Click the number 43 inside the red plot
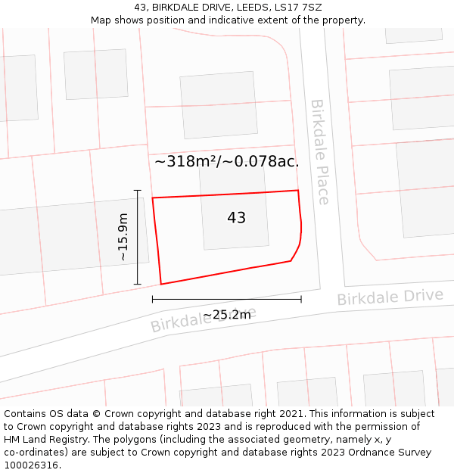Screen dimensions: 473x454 tap(236, 218)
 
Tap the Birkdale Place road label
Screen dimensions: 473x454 tap(320, 151)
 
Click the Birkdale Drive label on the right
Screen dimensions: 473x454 tap(390, 297)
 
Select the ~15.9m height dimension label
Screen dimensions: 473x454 tap(123, 237)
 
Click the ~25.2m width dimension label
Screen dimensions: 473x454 tap(226, 315)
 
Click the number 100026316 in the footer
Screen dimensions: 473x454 tap(31, 465)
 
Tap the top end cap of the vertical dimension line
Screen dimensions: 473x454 tap(137, 190)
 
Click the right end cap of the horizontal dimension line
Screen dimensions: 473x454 tap(301, 299)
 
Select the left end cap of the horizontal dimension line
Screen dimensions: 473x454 tap(153, 299)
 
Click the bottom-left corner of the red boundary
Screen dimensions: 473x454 tap(161, 285)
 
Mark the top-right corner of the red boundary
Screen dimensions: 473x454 tap(298, 191)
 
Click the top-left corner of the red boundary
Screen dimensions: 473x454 tap(153, 198)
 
